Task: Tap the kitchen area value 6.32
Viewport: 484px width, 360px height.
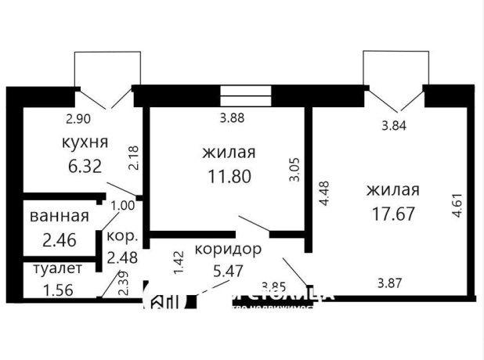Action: pyautogui.click(x=84, y=167)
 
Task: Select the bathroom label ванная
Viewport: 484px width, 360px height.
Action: pyautogui.click(x=58, y=216)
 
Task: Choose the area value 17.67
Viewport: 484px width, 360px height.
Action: pyautogui.click(x=392, y=213)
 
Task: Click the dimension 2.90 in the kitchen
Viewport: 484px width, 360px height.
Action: pyautogui.click(x=79, y=119)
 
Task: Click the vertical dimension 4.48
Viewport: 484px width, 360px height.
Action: pyautogui.click(x=321, y=193)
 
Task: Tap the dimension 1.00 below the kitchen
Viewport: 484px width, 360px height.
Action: pyautogui.click(x=123, y=206)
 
